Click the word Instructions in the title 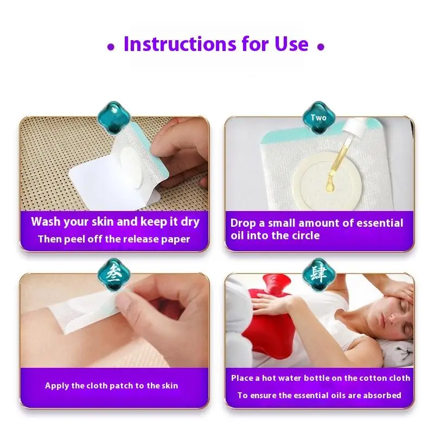coord(180,44)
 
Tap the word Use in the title coord(291,44)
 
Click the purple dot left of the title coord(111,47)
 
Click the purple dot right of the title coord(321,47)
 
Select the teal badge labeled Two coord(318,118)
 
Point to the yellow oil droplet coord(330,183)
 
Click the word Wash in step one coord(45,221)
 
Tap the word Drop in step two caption coord(243,223)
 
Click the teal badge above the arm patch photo coord(114,274)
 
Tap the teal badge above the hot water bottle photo coord(318,274)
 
